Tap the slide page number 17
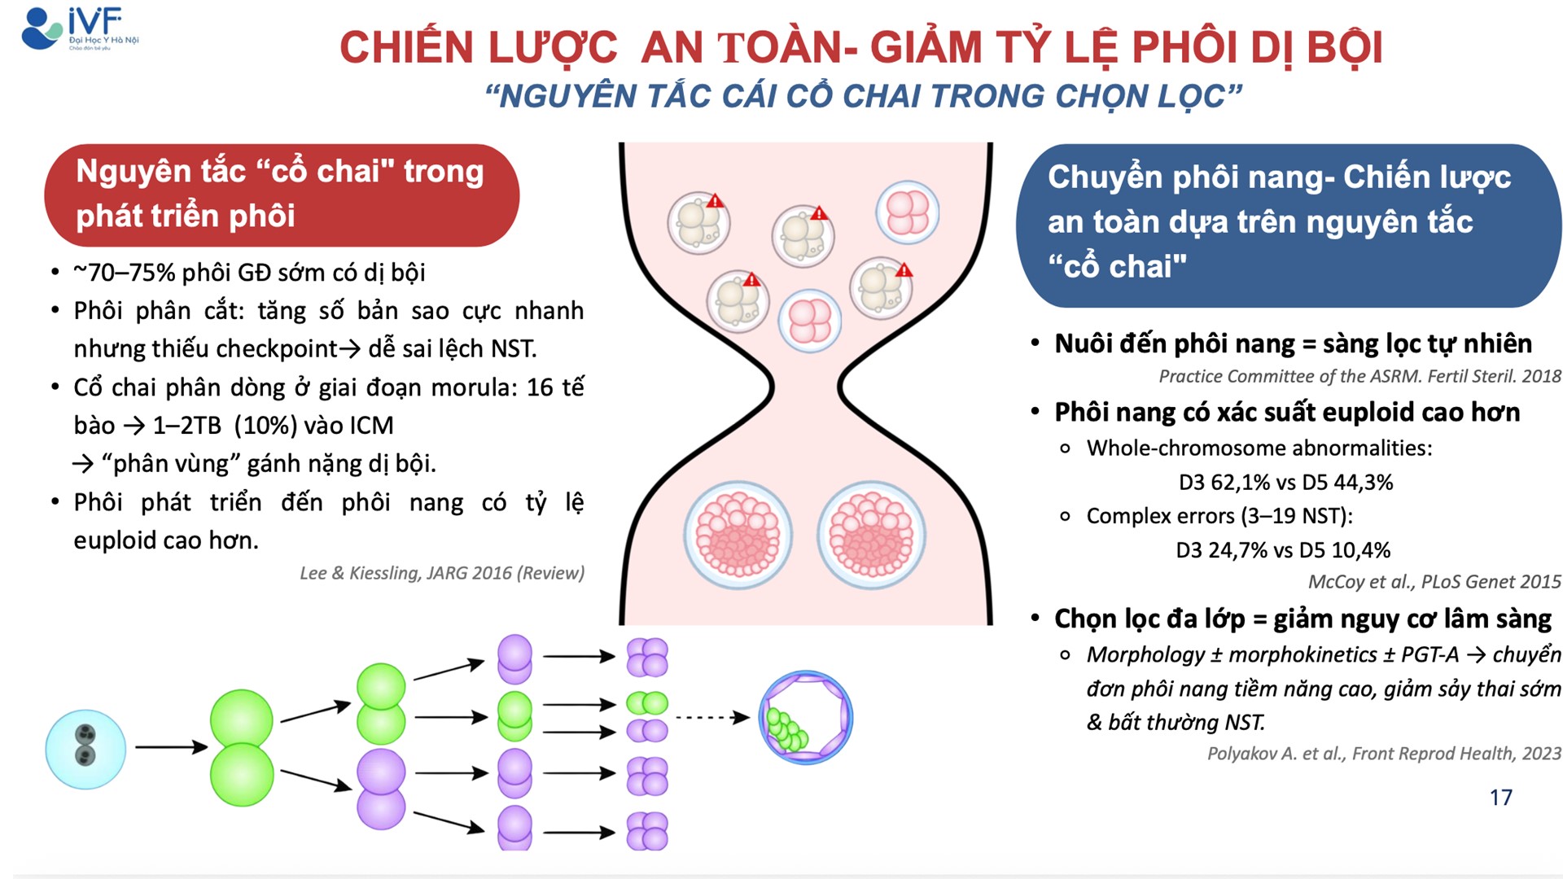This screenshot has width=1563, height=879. click(x=1500, y=797)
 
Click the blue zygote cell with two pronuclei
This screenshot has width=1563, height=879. click(x=85, y=749)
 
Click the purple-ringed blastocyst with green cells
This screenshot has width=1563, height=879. click(x=805, y=717)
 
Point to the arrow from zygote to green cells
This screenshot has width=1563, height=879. click(x=171, y=746)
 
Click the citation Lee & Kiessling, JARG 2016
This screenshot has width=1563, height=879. click(x=442, y=573)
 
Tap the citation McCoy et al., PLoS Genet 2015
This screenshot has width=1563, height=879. click(x=1434, y=582)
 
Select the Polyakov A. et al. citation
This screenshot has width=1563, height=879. click(x=1383, y=754)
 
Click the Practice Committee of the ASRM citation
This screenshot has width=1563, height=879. click(x=1359, y=376)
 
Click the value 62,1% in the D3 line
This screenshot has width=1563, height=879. click(x=1241, y=482)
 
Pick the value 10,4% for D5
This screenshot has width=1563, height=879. click(x=1361, y=550)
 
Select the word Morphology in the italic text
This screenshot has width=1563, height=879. click(x=1145, y=654)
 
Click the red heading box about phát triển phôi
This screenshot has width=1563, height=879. click(x=282, y=195)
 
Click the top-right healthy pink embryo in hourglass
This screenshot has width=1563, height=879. click(x=907, y=212)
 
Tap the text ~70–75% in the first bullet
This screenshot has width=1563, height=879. click(x=124, y=273)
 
